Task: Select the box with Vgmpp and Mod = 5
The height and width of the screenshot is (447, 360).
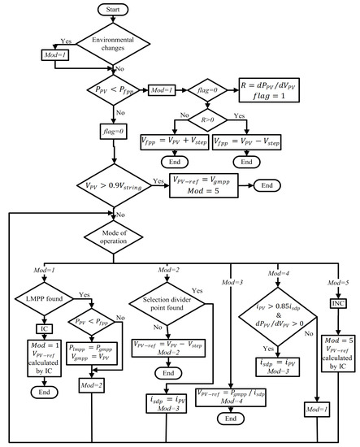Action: click(x=206, y=187)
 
